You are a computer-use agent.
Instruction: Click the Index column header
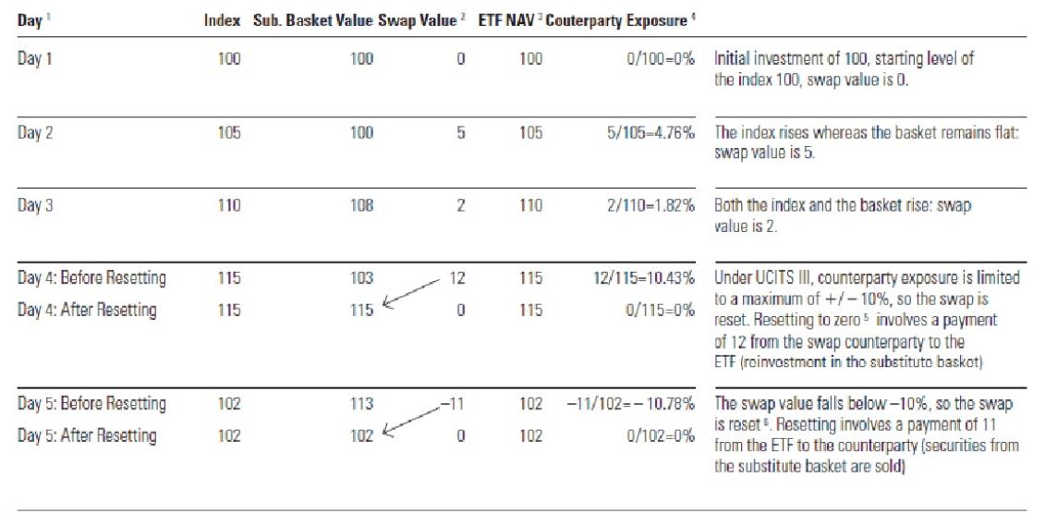222,20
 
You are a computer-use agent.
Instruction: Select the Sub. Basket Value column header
313,20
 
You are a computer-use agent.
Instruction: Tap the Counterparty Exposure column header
616,20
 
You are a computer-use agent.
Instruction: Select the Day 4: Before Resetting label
91,277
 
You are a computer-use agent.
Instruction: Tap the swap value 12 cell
456,277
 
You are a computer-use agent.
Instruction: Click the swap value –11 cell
452,403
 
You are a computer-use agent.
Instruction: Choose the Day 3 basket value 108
361,205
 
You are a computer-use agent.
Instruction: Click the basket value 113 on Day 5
361,403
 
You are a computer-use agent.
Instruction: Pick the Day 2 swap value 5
460,132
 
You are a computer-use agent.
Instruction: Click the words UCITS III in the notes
772,277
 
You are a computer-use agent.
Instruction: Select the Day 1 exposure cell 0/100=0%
658,59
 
